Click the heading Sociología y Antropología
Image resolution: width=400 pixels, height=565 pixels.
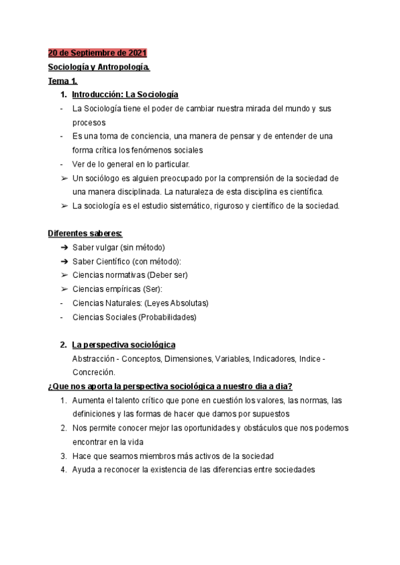tap(99, 67)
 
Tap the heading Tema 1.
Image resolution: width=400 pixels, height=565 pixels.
tap(63, 81)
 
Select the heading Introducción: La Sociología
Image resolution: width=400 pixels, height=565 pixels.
tap(125, 95)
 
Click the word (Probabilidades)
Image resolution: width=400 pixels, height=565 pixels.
tap(167, 317)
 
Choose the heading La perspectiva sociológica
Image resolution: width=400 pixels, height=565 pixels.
tap(123, 345)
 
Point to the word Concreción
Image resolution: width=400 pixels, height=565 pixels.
tap(93, 372)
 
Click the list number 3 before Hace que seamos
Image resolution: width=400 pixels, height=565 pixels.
tap(63, 456)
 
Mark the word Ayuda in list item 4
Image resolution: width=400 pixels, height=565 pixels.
tap(84, 470)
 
